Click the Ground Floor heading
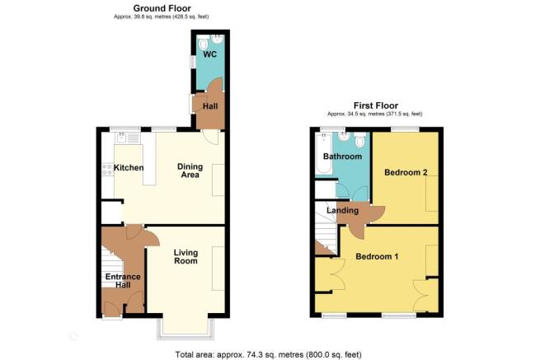(x=162, y=8)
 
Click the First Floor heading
(x=376, y=105)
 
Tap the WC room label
(x=210, y=54)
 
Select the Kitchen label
(x=129, y=167)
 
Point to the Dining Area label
(x=190, y=171)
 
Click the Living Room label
(x=186, y=257)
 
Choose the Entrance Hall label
(x=123, y=281)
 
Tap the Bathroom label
(x=342, y=157)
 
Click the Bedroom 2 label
(x=406, y=172)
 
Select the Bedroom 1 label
(x=377, y=256)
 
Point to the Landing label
(x=342, y=210)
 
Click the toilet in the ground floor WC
(x=203, y=44)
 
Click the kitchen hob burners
(x=107, y=169)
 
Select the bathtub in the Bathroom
(x=324, y=154)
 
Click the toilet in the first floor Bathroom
(x=359, y=140)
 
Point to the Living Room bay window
(x=186, y=329)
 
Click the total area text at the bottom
(x=269, y=354)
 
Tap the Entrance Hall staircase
(x=112, y=267)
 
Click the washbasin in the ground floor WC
(x=217, y=40)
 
